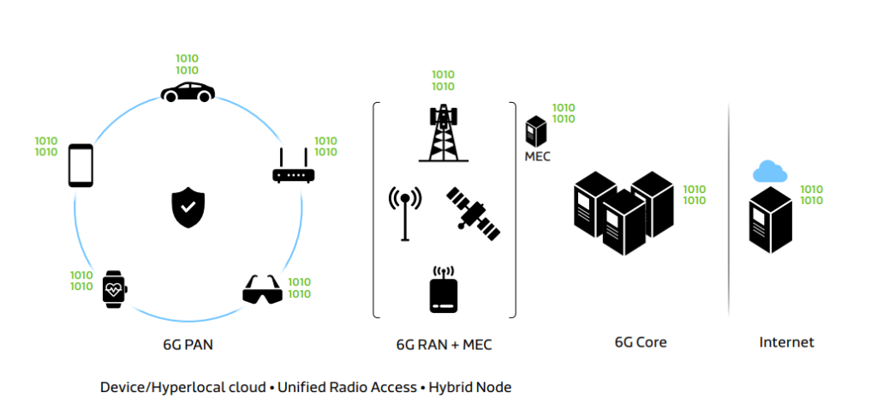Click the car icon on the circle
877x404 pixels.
click(188, 92)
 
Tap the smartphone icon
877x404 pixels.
click(81, 165)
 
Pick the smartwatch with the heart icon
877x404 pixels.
click(114, 289)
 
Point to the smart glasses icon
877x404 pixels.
click(262, 290)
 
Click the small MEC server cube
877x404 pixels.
click(537, 131)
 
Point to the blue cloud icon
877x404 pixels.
click(769, 172)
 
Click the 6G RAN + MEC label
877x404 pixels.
click(444, 345)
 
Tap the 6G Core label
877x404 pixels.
click(641, 342)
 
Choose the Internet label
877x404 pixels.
click(786, 342)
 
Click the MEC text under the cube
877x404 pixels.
click(537, 157)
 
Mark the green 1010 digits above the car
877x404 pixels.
click(187, 64)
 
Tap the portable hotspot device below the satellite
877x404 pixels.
click(444, 292)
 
